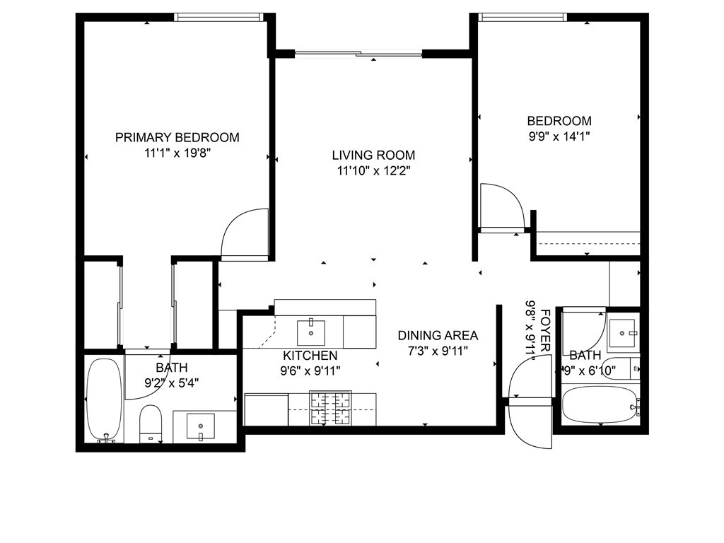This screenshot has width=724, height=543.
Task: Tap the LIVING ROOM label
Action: [373, 156]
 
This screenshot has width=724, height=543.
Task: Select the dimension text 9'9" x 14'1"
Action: [559, 135]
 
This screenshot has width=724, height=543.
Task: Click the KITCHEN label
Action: [310, 356]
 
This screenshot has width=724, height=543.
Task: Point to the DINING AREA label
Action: [438, 336]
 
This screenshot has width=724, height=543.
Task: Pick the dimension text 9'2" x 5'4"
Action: [171, 383]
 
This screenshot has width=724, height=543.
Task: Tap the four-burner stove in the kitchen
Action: [330, 409]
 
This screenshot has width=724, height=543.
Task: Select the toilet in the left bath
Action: [151, 423]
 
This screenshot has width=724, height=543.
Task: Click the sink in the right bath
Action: [623, 330]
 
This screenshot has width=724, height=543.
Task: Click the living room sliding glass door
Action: [358, 53]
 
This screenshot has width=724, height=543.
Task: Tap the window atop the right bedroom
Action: [522, 17]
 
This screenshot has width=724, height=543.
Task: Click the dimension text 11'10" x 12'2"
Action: [373, 170]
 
